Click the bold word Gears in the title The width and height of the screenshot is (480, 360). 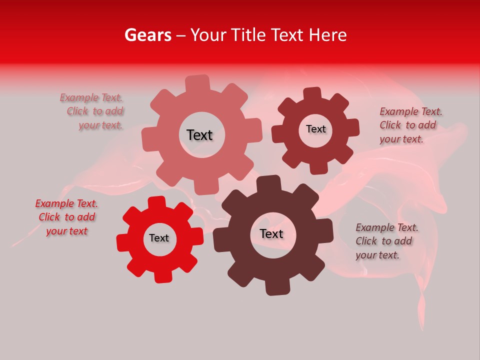pyautogui.click(x=147, y=35)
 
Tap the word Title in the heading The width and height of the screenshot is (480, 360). pyautogui.click(x=249, y=35)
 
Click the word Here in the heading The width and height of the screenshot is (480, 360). pyautogui.click(x=327, y=35)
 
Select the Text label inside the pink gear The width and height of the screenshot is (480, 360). pyautogui.click(x=199, y=135)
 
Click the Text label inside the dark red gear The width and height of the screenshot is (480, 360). pyautogui.click(x=315, y=129)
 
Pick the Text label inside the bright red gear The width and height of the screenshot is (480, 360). pyautogui.click(x=159, y=238)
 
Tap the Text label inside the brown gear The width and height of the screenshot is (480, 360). pyautogui.click(x=271, y=233)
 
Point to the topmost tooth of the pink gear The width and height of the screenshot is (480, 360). pyautogui.click(x=198, y=82)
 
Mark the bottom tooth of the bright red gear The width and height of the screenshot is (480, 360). pyautogui.click(x=162, y=275)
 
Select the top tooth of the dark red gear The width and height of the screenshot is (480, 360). pyautogui.click(x=312, y=94)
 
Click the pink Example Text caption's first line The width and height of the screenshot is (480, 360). pyautogui.click(x=91, y=97)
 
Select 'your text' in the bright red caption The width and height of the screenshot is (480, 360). pyautogui.click(x=66, y=231)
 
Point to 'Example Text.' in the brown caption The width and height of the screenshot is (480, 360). pyautogui.click(x=387, y=227)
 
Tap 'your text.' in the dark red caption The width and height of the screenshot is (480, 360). pyautogui.click(x=401, y=139)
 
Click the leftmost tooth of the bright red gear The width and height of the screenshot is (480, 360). pyautogui.click(x=123, y=242)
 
